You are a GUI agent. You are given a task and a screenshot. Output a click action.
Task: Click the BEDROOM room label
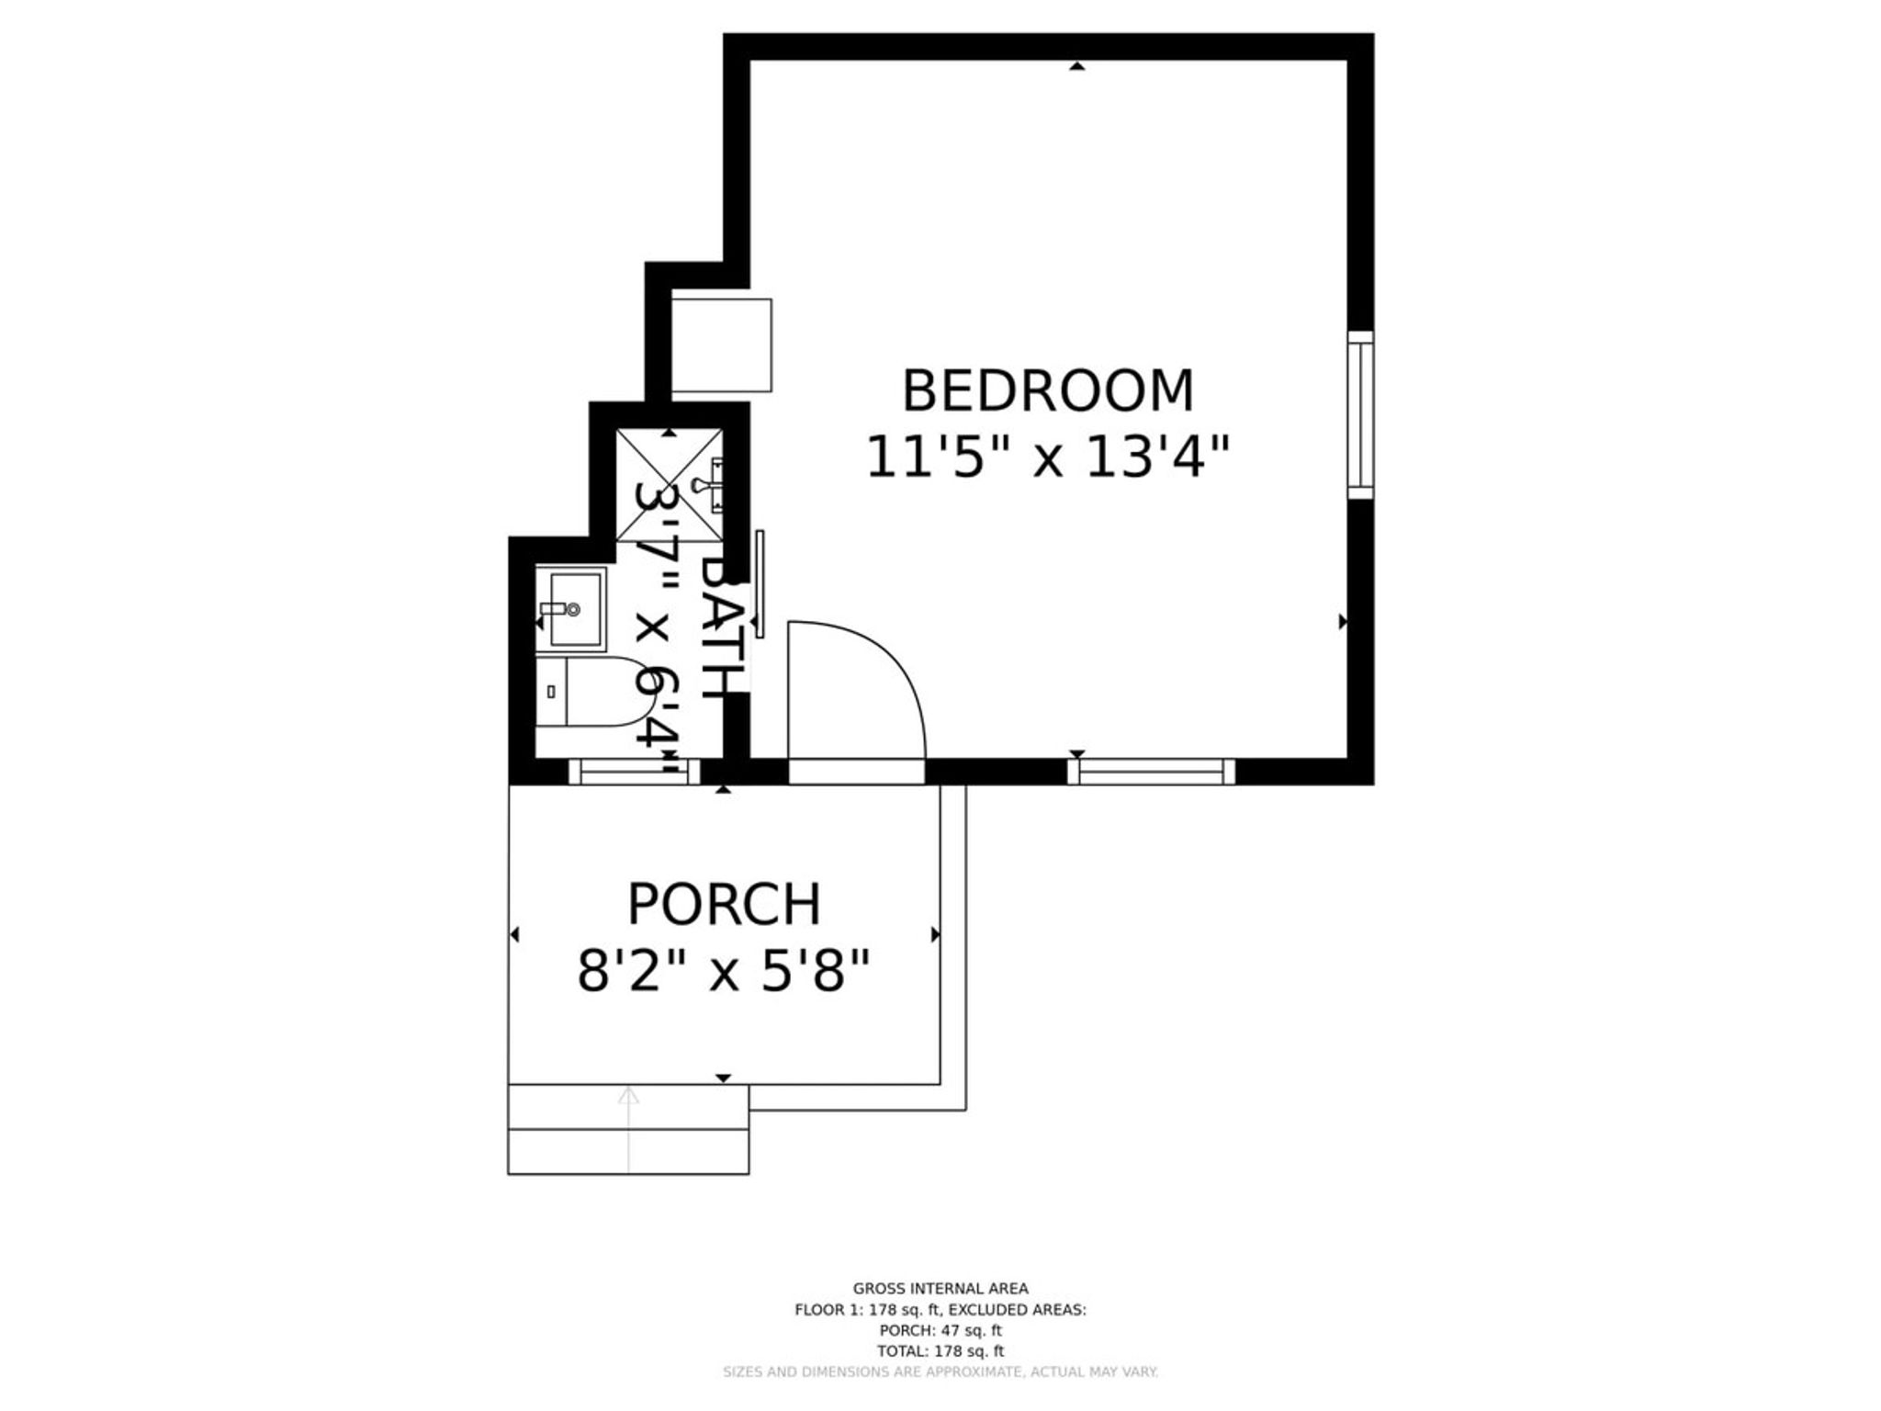1048,390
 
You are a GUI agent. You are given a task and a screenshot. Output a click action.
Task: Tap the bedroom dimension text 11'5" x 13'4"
1048,457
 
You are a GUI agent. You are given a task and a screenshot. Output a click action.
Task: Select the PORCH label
724,904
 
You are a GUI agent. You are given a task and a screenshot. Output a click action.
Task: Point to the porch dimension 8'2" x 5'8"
724,971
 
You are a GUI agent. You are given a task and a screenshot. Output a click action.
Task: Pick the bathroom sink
570,609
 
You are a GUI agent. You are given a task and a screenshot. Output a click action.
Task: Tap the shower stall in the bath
670,484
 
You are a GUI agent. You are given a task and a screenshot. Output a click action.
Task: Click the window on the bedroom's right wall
1360,415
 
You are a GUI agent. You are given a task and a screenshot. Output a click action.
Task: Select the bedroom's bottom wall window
1151,772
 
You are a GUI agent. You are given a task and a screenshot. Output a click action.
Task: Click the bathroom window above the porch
635,772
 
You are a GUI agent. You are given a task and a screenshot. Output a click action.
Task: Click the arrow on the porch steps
628,1130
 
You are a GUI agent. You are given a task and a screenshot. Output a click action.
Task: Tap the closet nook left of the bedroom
721,345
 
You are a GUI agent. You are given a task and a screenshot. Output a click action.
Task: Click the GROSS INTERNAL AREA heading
940,1289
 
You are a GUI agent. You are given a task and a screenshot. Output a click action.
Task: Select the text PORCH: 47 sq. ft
940,1330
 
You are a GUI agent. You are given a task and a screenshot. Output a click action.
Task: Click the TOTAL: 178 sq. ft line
940,1351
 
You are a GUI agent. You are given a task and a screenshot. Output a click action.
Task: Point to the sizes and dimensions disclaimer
940,1372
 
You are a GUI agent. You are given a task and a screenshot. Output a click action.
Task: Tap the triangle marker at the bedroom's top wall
1077,66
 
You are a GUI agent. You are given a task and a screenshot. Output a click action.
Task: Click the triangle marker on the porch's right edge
936,935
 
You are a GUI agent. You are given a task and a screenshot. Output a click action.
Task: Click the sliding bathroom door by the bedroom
760,583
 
